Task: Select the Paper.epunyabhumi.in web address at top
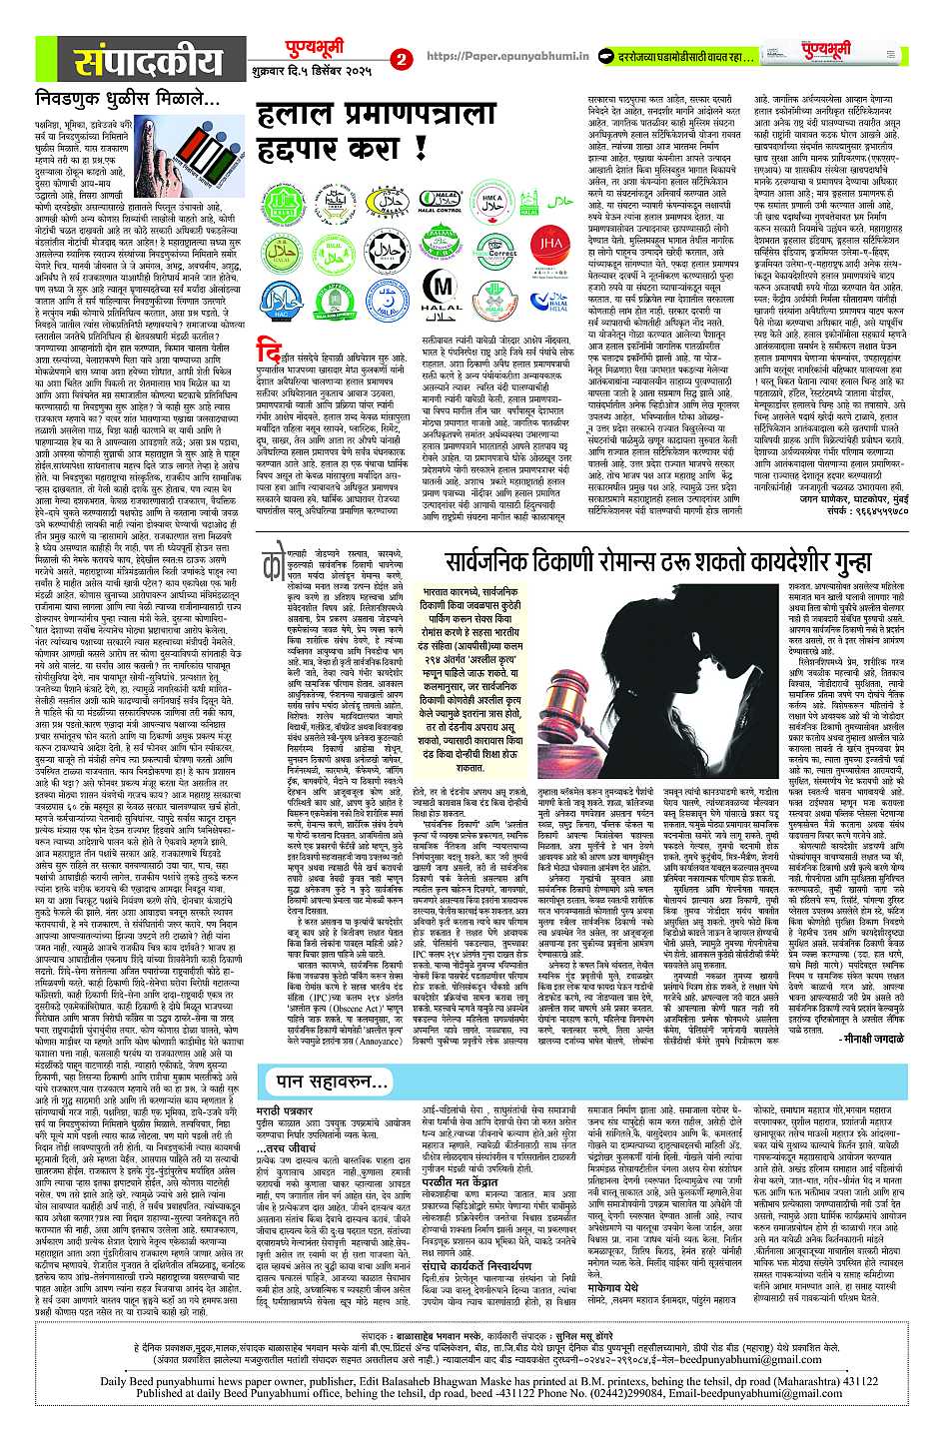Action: [x=493, y=58]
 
